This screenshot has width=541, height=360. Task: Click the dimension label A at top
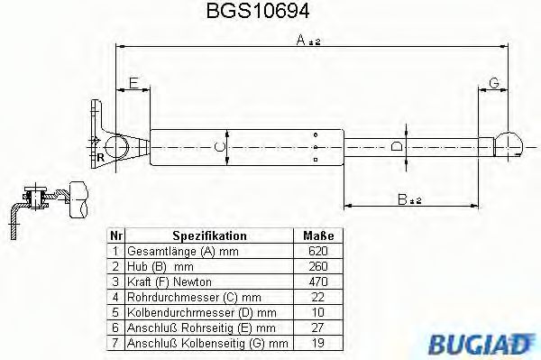[x=308, y=40]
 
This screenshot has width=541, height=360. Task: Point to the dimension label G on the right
[x=492, y=83]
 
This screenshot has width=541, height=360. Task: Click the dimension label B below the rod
[x=409, y=199]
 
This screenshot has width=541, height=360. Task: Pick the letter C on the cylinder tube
[x=216, y=145]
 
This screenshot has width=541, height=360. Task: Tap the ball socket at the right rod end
[x=508, y=144]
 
